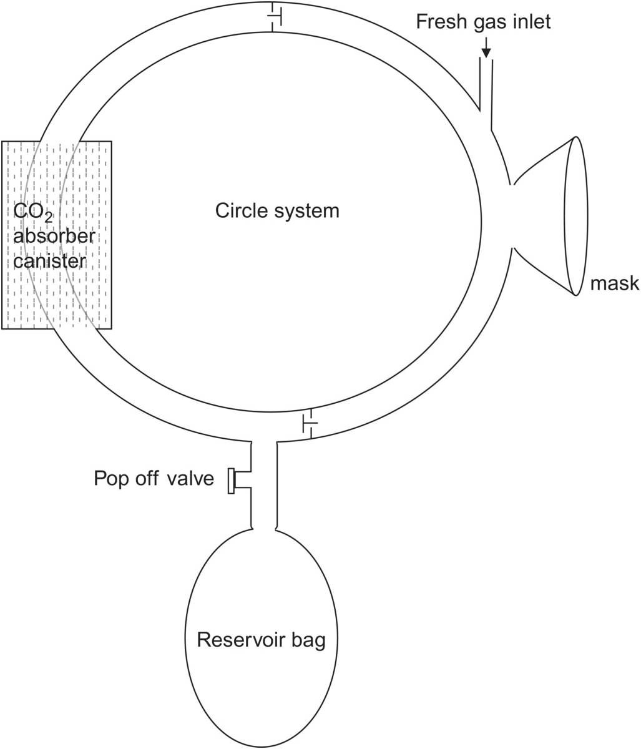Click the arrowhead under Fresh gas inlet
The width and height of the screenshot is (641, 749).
click(486, 52)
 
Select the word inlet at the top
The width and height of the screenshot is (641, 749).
click(531, 22)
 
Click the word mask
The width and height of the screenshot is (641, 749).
click(614, 283)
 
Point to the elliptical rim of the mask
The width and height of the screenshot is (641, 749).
click(575, 216)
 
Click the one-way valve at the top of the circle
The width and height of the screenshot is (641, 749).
click(274, 16)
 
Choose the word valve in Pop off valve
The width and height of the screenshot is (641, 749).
click(190, 479)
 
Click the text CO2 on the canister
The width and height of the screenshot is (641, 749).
click(32, 213)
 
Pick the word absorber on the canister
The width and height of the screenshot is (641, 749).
click(54, 237)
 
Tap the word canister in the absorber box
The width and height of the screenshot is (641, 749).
click(49, 260)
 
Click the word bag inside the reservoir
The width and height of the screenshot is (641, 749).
click(308, 641)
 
